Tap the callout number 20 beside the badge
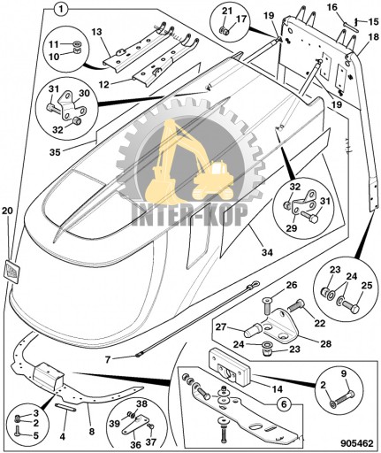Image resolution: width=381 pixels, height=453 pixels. (x=8, y=211)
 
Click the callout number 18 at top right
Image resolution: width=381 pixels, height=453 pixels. (x=374, y=36)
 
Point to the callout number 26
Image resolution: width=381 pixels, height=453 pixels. (x=293, y=285)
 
